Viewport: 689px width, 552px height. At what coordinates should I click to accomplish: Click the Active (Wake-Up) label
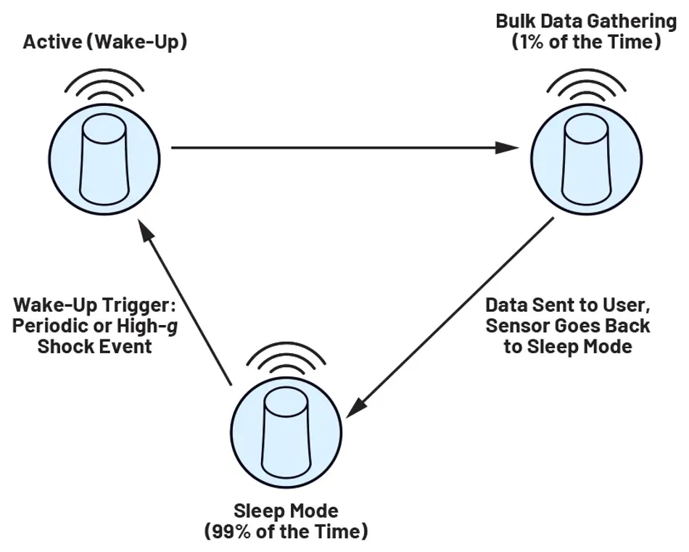tap(105, 42)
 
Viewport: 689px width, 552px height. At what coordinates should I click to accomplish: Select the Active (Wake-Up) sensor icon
tap(106, 162)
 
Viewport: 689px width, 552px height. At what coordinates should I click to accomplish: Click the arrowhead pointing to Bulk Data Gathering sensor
tap(510, 148)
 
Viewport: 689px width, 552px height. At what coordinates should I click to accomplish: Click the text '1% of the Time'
tap(586, 42)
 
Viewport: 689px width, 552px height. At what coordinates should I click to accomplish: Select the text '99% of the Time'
tap(286, 532)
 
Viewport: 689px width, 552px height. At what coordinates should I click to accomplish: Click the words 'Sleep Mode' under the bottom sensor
tap(286, 511)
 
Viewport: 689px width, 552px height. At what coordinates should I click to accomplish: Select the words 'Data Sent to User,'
tap(567, 304)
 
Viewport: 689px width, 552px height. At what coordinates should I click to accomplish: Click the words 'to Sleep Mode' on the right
tap(568, 346)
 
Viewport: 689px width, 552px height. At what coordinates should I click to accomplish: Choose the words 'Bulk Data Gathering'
tap(586, 20)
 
